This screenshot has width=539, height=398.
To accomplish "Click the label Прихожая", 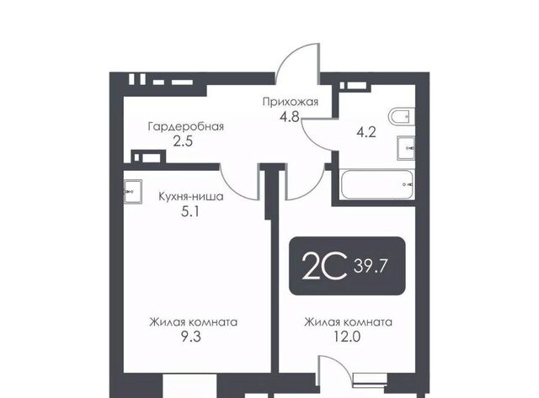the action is click(291, 102).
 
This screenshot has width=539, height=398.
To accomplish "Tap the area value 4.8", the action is click(290, 117).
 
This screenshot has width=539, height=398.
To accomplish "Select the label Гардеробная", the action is click(186, 127).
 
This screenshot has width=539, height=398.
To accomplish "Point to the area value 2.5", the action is click(183, 141).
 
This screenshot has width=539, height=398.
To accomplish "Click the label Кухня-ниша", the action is click(191, 197).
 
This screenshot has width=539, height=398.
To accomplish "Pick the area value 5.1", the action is click(190, 211).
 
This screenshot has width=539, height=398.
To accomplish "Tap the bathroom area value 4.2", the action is click(366, 132).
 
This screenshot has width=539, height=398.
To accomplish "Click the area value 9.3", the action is click(191, 337).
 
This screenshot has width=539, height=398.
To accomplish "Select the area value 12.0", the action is click(347, 337).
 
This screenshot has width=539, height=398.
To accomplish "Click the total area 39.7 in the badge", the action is click(371, 266).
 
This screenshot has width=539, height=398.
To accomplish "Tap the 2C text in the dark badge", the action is click(323, 266).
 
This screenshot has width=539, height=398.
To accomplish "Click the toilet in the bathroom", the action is click(402, 117).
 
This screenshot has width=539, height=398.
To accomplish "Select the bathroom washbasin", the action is click(406, 148).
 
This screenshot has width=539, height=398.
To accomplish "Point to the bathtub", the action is click(376, 184).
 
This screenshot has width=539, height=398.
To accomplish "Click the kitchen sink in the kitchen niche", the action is click(133, 192).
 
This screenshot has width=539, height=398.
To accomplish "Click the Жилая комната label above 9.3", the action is click(193, 322).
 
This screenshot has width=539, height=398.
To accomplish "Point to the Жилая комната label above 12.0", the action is click(348, 322).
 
